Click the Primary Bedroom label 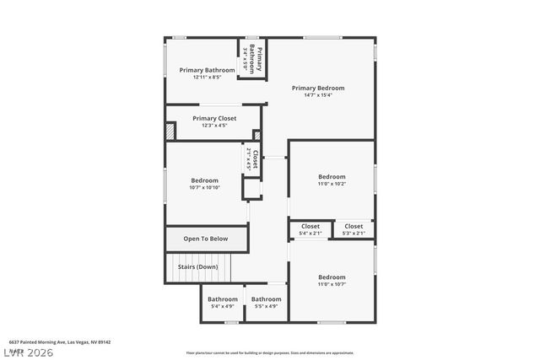click(x=318, y=88)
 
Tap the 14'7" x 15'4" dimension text click(x=318, y=95)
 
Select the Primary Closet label click(x=214, y=118)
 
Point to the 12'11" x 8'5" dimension click(x=207, y=78)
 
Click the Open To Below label click(x=206, y=239)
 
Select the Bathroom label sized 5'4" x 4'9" click(x=223, y=299)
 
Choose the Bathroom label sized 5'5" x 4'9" click(x=266, y=299)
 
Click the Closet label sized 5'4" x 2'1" click(x=310, y=226)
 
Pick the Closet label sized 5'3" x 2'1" click(x=354, y=226)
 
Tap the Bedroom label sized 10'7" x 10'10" click(x=204, y=180)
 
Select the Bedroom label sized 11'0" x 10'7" click(x=332, y=277)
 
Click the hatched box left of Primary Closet click(x=170, y=132)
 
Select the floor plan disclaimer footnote click(x=269, y=352)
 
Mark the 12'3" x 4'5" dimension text click(x=214, y=126)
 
